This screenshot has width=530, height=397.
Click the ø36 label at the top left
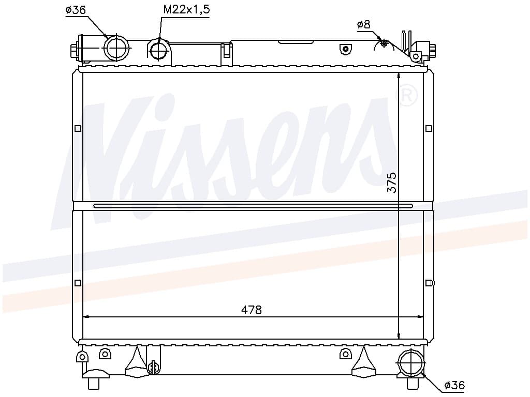(76, 10)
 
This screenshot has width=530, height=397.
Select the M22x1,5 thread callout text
(186, 10)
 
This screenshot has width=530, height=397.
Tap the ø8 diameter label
(364, 24)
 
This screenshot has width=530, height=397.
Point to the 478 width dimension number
(252, 309)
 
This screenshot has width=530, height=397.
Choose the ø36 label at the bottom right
(454, 385)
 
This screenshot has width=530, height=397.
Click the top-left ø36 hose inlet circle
(116, 48)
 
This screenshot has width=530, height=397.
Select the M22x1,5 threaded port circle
(158, 51)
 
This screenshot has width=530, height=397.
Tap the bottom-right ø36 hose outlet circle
(411, 363)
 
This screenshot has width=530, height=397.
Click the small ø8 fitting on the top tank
(384, 42)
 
